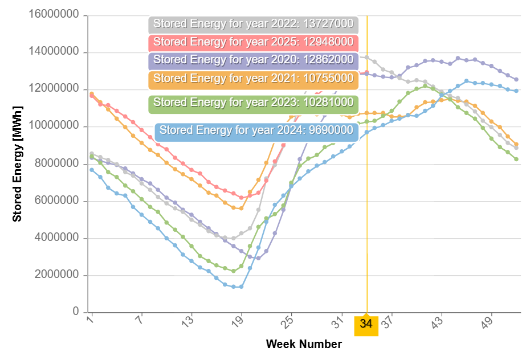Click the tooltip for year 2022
[253, 25]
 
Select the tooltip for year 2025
[253, 42]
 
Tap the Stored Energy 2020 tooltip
[253, 60]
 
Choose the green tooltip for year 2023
[253, 103]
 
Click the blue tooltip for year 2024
[256, 130]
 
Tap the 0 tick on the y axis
[76, 312]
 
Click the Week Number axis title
[304, 344]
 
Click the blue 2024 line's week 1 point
[92, 170]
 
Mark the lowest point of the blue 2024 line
[234, 287]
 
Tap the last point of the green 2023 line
[516, 159]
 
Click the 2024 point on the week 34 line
[367, 132]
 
